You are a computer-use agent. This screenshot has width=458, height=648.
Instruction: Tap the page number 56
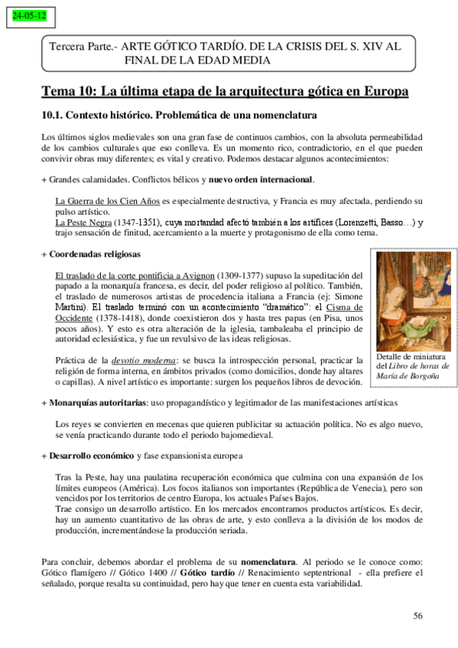pyautogui.click(x=417, y=616)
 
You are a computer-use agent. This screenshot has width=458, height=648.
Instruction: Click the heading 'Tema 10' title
pyautogui.click(x=224, y=92)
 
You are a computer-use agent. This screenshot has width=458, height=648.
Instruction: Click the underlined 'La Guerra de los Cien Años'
pyautogui.click(x=107, y=201)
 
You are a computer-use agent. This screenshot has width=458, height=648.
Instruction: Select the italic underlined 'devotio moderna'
pyautogui.click(x=138, y=359)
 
